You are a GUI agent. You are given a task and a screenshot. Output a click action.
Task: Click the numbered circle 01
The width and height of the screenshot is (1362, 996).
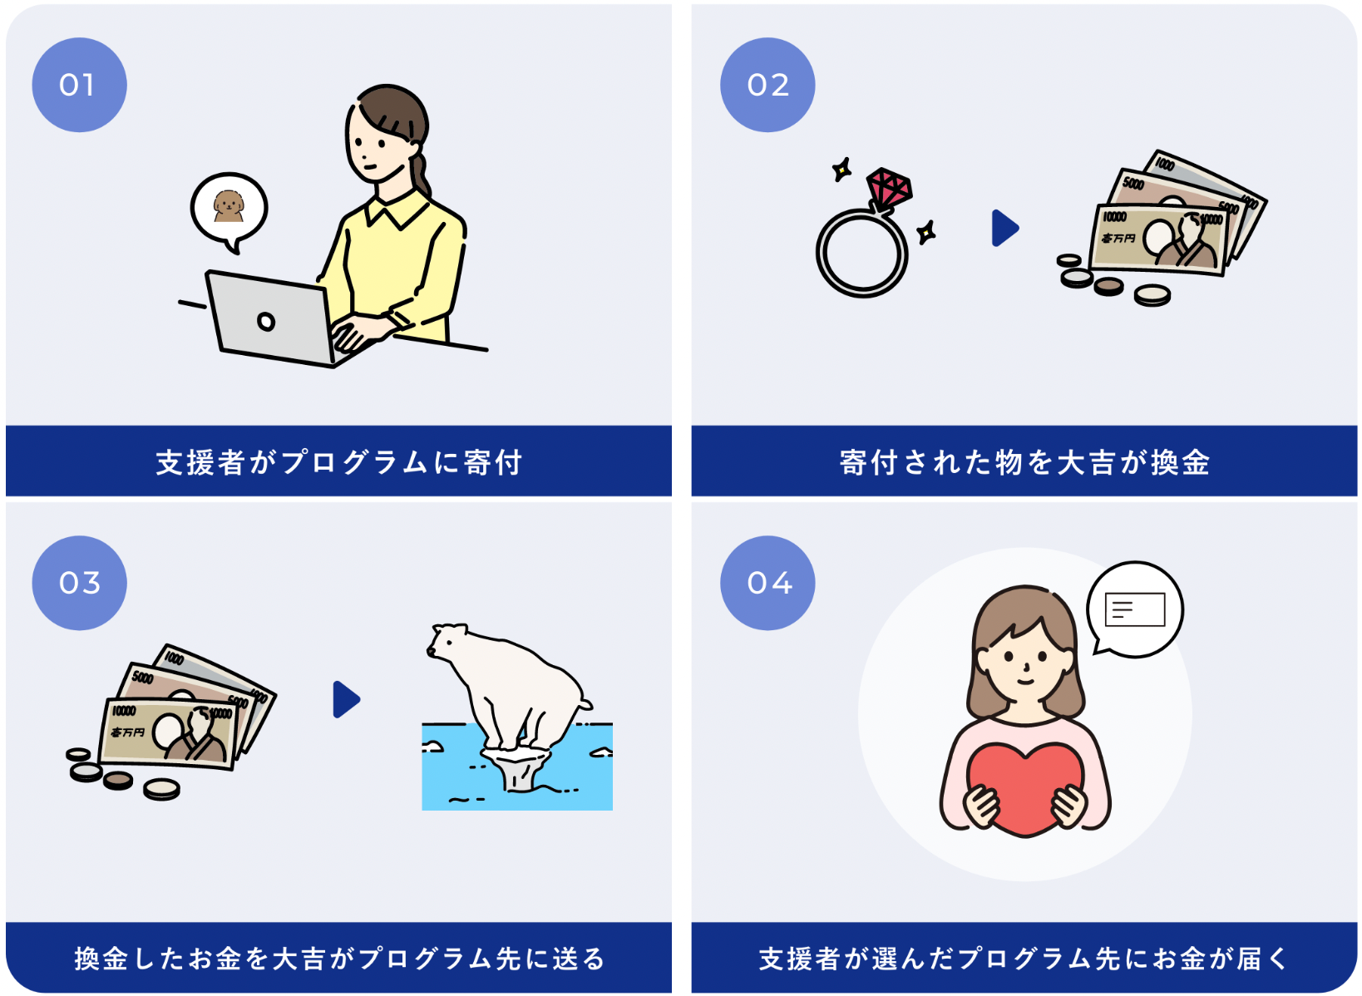click(79, 85)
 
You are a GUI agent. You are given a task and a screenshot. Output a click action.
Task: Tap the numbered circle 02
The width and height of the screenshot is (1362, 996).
click(767, 85)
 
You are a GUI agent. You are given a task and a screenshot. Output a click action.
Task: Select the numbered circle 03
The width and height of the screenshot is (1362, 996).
click(79, 583)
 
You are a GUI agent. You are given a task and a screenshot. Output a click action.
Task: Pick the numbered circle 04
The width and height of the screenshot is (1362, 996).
click(767, 583)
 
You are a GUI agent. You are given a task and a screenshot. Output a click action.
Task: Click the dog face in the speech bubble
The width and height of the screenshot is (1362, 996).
click(229, 205)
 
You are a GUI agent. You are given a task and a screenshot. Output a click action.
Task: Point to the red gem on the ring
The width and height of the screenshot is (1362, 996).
click(889, 189)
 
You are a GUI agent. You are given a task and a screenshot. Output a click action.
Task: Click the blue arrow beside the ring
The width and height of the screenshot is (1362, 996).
click(1004, 228)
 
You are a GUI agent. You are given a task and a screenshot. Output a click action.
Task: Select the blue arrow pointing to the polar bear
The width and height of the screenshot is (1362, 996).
click(346, 699)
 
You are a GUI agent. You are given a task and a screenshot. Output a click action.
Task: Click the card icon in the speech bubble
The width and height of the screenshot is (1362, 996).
click(1134, 609)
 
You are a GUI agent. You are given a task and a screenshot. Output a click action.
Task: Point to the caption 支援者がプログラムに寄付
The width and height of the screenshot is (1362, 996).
click(338, 462)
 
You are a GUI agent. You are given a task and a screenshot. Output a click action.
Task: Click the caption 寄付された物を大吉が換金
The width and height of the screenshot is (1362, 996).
click(1024, 462)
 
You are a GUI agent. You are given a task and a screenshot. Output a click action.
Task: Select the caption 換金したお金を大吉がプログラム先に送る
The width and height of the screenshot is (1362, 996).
click(338, 959)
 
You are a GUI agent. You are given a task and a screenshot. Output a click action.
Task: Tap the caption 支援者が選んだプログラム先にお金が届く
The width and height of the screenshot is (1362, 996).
click(1024, 959)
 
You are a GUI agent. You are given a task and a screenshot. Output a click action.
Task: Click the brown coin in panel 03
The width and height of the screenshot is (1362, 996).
click(118, 781)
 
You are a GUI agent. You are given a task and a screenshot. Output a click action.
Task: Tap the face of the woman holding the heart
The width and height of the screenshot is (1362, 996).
click(1024, 661)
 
